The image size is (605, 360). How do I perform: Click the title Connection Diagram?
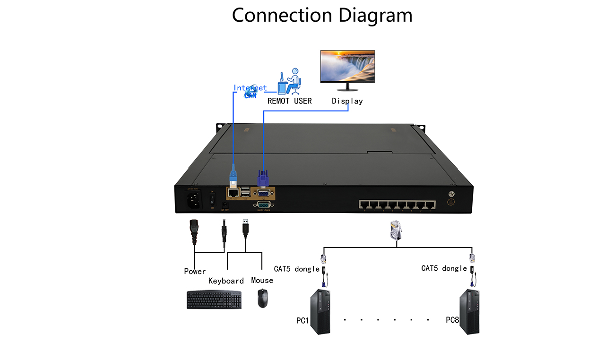coord(322,15)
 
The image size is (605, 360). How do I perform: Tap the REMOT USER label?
coord(289,101)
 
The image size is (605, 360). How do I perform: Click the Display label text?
coord(347,101)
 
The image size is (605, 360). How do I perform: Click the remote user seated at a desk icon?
coord(290,81)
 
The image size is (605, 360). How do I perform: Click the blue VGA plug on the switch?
coord(263,179)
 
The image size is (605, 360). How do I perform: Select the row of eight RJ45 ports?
coord(397,205)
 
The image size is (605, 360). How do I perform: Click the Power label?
coord(195,271)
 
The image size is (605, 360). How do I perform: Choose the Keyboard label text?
coord(226,281)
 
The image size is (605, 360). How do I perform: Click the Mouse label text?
coord(262,280)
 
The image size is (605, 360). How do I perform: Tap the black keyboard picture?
coord(214,300)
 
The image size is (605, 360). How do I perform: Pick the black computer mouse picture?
coord(262,299)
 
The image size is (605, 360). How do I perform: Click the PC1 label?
coord(302,321)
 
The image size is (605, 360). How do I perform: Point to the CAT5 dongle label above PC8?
coord(444,268)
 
